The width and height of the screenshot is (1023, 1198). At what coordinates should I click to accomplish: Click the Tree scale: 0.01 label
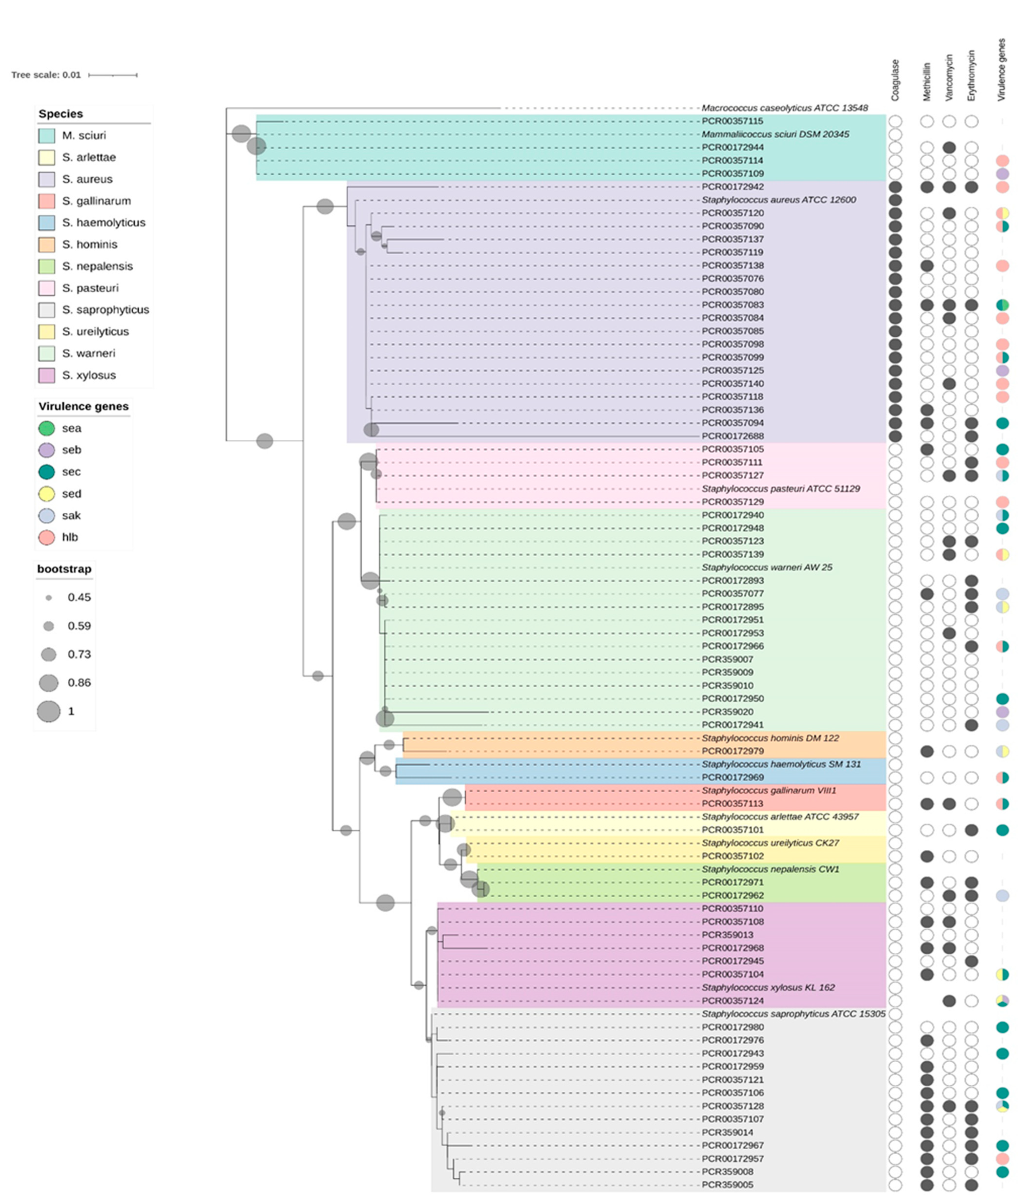click(46, 75)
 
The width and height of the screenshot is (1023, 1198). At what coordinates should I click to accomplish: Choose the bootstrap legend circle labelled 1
click(49, 711)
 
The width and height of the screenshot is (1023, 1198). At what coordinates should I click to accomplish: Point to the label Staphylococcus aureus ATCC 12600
click(779, 199)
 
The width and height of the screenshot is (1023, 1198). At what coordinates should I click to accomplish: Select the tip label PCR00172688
click(732, 436)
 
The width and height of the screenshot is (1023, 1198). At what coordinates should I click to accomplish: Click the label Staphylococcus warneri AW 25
click(767, 567)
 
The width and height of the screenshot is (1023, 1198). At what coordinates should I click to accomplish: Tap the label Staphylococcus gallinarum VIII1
click(769, 790)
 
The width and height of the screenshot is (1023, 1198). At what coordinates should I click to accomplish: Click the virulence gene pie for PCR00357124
click(1002, 1001)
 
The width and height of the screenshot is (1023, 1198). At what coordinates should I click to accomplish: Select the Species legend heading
click(61, 114)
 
